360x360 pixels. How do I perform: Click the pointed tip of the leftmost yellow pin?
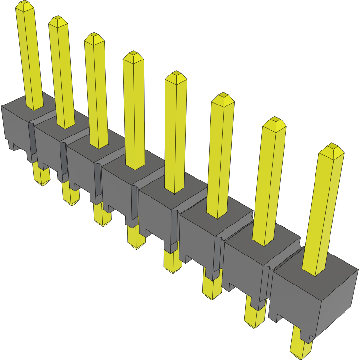[x=25, y=5]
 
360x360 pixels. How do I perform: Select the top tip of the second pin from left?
[x=58, y=20]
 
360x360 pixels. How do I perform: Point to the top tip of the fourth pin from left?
[x=133, y=55]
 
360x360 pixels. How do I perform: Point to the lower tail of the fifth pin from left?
[x=172, y=261]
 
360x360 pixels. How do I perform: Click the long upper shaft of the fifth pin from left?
[x=176, y=135]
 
